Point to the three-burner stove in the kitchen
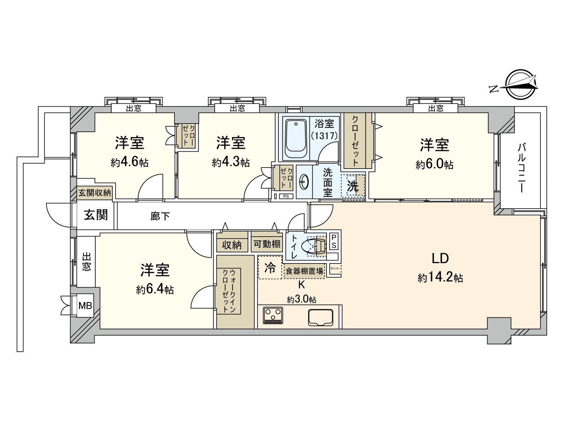(273, 315)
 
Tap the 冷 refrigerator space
(270, 268)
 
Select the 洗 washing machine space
(353, 186)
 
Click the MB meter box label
(85, 305)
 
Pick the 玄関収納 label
(95, 193)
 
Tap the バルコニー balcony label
(521, 168)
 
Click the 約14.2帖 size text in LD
(440, 278)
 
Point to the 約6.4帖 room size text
(155, 290)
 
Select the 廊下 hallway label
(160, 216)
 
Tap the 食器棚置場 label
(304, 271)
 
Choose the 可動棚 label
(266, 244)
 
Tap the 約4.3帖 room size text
(231, 163)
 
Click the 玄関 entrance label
(96, 215)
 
